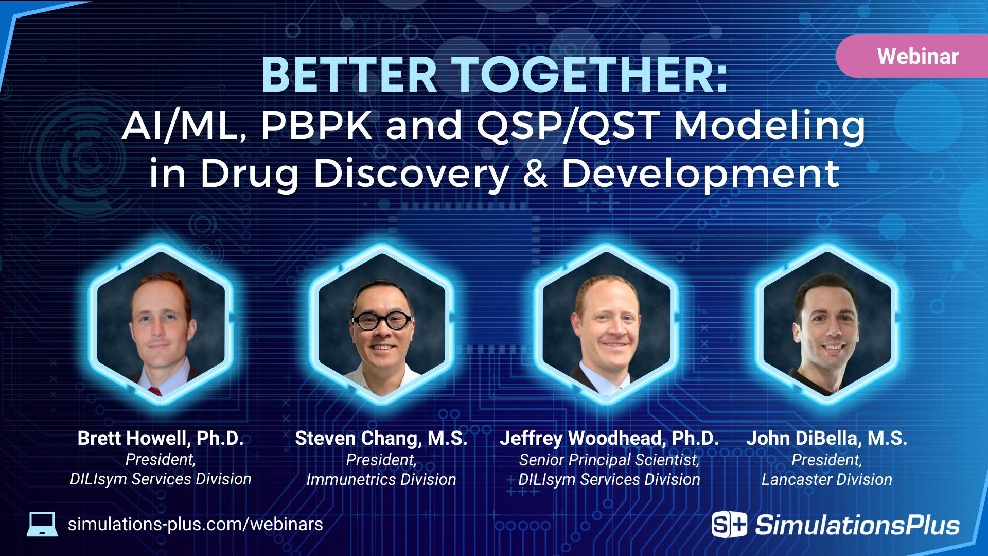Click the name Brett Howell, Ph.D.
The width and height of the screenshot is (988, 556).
pyautogui.click(x=161, y=438)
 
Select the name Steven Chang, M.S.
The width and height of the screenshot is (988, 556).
pyautogui.click(x=381, y=438)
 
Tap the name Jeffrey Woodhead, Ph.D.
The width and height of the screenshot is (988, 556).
pyautogui.click(x=609, y=438)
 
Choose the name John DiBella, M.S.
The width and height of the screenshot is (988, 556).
pyautogui.click(x=826, y=438)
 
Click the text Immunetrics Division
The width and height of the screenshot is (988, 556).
pyautogui.click(x=381, y=479)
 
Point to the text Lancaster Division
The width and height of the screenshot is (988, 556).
pyautogui.click(x=826, y=479)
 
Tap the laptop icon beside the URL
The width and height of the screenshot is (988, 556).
pyautogui.click(x=42, y=525)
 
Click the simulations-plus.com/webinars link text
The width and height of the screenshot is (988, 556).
pyautogui.click(x=196, y=524)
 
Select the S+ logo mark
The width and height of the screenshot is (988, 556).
pyautogui.click(x=729, y=525)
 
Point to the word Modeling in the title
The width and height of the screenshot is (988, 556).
pyautogui.click(x=769, y=126)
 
